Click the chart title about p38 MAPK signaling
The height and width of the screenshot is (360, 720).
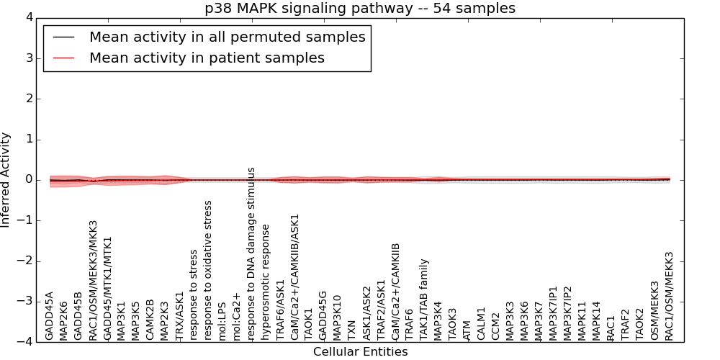pyautogui.click(x=360, y=9)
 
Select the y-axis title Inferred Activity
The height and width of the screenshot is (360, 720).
pyautogui.click(x=6, y=179)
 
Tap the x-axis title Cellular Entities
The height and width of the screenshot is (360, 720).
pyautogui.click(x=360, y=352)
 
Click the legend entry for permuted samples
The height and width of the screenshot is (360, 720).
pyautogui.click(x=227, y=37)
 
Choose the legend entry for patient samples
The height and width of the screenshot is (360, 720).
pyautogui.click(x=207, y=58)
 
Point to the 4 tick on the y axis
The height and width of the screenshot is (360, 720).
pyautogui.click(x=28, y=17)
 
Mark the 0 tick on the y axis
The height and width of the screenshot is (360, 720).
pyautogui.click(x=28, y=180)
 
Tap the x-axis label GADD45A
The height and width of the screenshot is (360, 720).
pyautogui.click(x=50, y=315)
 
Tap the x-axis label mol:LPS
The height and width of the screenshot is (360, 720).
pyautogui.click(x=222, y=320)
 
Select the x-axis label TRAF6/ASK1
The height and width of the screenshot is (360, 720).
pyautogui.click(x=280, y=302)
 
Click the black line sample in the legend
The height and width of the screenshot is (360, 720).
pyautogui.click(x=63, y=37)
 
